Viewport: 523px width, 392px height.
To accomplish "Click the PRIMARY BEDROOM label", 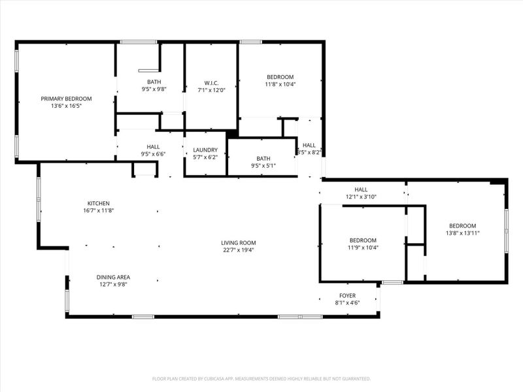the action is click(66, 99).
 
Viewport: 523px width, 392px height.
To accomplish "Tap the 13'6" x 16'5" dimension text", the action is click(66, 106).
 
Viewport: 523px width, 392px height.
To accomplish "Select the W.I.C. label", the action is click(211, 83).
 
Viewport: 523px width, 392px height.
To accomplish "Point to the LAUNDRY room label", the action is click(205, 150).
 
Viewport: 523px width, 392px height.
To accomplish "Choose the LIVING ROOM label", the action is click(237, 242).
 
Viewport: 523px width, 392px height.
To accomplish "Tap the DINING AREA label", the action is click(113, 277).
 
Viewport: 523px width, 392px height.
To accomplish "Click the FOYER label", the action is click(347, 296).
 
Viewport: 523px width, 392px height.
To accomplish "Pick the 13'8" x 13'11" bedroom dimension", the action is click(463, 233).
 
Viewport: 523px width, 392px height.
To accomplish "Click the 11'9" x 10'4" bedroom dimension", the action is click(362, 247).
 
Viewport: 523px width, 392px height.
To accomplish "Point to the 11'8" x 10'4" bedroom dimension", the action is click(280, 84).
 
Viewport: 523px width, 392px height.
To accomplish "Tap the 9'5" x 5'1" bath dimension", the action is click(263, 165).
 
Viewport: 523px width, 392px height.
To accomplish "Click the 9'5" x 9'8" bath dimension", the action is click(154, 89).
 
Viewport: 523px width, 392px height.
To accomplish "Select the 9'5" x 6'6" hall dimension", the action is click(154, 154).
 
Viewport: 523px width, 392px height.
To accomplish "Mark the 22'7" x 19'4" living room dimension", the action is click(237, 250).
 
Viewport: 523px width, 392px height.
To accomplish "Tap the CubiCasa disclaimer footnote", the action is click(261, 378).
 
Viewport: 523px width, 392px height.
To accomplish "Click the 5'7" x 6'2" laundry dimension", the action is click(205, 157).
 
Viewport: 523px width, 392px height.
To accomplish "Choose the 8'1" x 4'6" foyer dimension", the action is click(347, 303).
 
